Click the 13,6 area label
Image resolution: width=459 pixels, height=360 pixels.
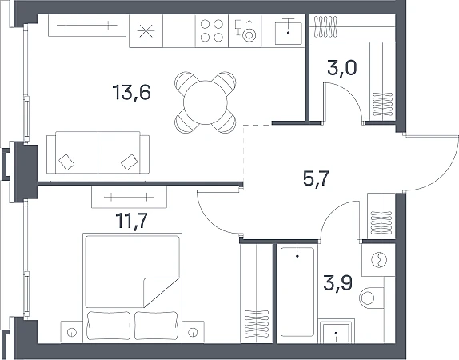pyautogui.click(x=131, y=93)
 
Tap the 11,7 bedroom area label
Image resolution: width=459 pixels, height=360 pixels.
pyautogui.click(x=131, y=221)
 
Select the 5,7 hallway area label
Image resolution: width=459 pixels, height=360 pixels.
pyautogui.click(x=316, y=178)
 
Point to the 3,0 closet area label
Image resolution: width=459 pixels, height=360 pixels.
pyautogui.click(x=342, y=68)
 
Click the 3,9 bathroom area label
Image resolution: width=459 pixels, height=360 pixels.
pyautogui.click(x=338, y=282)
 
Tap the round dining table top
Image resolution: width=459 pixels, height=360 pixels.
pyautogui.click(x=206, y=102)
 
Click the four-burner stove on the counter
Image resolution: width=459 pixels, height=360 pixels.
pyautogui.click(x=212, y=30)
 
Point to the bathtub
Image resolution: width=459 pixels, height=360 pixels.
pyautogui.click(x=297, y=292)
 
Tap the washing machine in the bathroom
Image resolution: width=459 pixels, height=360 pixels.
pyautogui.click(x=378, y=260)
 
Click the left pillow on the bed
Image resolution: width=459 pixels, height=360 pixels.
pyautogui.click(x=109, y=326)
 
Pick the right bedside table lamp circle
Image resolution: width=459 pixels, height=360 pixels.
pyautogui.click(x=193, y=332)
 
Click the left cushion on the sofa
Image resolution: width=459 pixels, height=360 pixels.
pyautogui.click(x=66, y=162)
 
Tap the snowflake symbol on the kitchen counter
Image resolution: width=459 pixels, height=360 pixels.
pyautogui.click(x=146, y=31)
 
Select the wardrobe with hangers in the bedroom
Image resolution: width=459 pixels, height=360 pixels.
pyautogui.click(x=257, y=293)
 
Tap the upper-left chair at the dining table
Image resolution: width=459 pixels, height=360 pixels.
pyautogui.click(x=185, y=82)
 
